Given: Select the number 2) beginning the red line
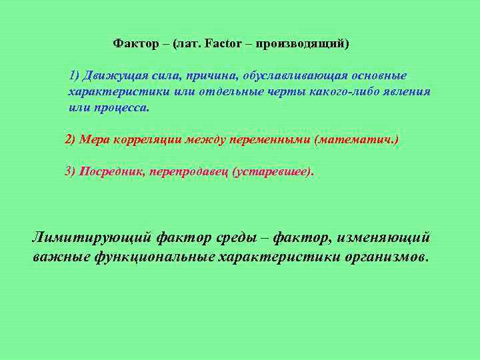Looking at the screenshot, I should tap(71, 139).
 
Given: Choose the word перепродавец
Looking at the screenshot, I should tap(189, 171).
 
